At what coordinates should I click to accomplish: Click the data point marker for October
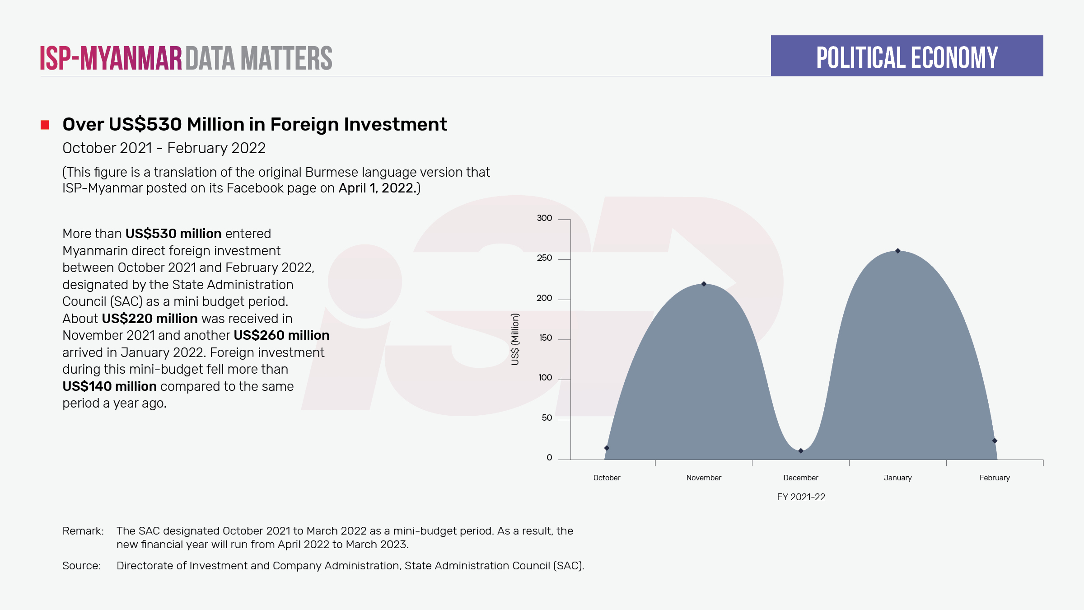click(607, 448)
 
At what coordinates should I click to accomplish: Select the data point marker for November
click(704, 284)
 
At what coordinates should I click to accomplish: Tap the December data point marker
click(801, 450)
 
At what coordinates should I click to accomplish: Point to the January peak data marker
click(898, 251)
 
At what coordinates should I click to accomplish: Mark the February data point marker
click(995, 441)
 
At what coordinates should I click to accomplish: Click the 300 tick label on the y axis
click(544, 218)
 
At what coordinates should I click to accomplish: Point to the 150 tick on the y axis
click(545, 338)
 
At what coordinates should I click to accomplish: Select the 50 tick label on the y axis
click(547, 418)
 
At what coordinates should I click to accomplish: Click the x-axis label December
click(800, 478)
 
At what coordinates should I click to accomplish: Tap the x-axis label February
click(995, 478)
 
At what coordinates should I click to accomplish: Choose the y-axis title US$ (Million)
click(515, 339)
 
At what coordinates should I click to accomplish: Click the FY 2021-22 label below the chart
click(801, 497)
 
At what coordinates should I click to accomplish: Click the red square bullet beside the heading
click(45, 125)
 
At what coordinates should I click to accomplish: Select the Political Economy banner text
click(907, 57)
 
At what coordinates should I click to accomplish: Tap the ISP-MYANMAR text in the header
click(111, 58)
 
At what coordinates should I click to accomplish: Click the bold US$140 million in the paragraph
click(109, 386)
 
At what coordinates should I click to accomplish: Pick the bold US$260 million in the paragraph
click(281, 335)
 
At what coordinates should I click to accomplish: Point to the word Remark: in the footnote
click(83, 531)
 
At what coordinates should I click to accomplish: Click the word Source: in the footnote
click(81, 566)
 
